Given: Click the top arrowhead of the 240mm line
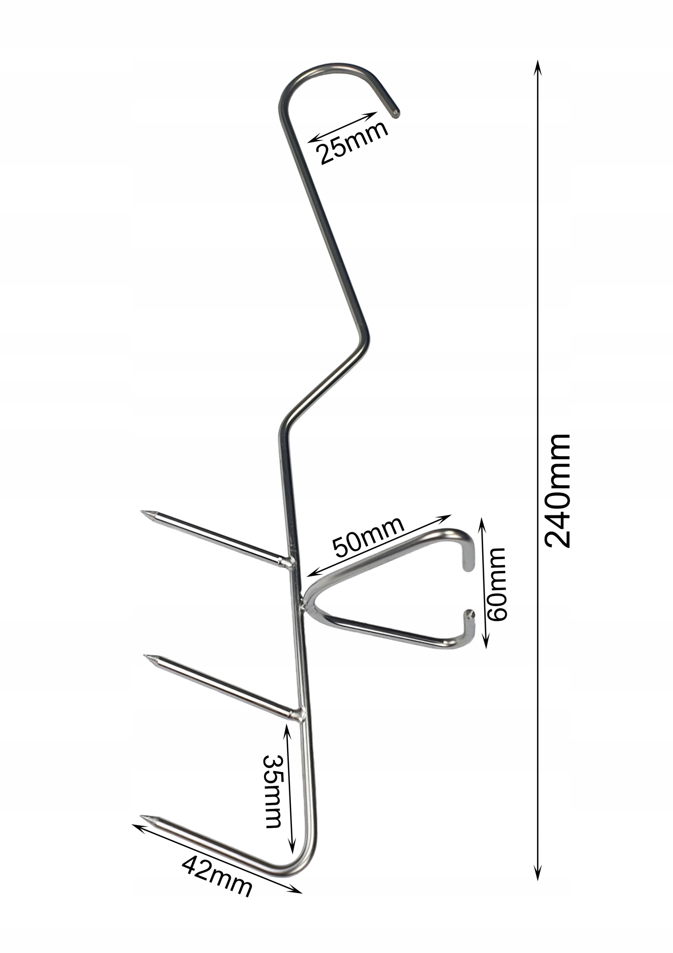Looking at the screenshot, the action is (x=537, y=66).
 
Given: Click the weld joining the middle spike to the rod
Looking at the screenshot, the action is (x=298, y=714).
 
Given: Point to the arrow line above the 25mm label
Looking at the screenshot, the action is (x=343, y=127).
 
